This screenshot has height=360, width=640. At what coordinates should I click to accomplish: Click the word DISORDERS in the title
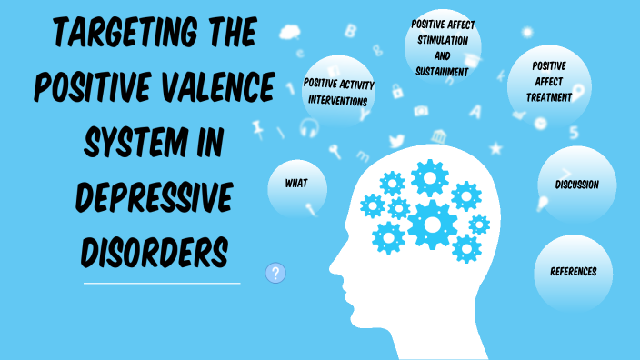tap(154, 248)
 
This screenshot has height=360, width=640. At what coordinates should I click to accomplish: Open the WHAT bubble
tap(296, 184)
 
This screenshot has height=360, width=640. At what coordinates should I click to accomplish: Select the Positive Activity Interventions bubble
tap(335, 93)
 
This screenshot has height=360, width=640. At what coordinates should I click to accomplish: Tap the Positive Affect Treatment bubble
tap(549, 82)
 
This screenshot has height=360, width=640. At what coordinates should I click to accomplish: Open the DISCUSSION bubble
tap(576, 185)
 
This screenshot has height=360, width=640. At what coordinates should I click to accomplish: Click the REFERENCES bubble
tap(573, 271)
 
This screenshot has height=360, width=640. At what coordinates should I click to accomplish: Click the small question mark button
tap(276, 272)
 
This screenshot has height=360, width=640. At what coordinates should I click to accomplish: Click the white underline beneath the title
tap(162, 284)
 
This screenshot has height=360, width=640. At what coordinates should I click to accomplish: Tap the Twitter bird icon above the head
tap(396, 141)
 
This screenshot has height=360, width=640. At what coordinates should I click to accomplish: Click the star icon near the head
tap(495, 147)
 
